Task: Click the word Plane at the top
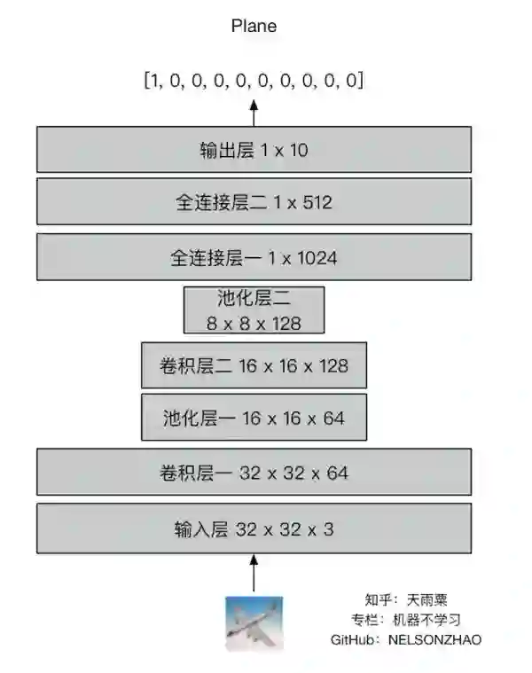254,26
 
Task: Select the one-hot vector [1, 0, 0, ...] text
254,81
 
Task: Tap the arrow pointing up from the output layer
254,113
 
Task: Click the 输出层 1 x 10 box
254,150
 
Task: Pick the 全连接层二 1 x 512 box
254,202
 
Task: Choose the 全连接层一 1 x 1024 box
254,258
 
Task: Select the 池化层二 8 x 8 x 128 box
254,310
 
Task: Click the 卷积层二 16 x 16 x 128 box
254,365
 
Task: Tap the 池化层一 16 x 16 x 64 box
254,418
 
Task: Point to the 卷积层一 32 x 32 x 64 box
254,473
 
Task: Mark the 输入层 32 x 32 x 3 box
254,529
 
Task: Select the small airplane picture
254,622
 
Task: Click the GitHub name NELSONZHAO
434,639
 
